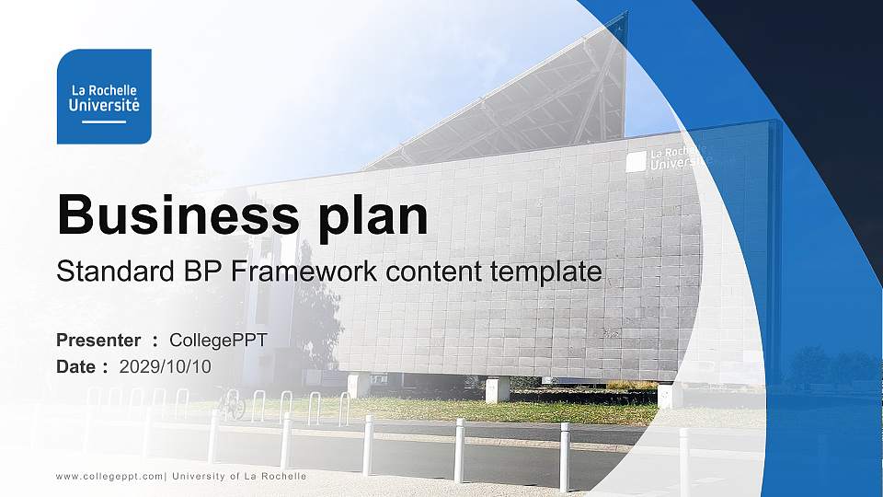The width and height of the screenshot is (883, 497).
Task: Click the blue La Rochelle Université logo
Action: click(x=104, y=97)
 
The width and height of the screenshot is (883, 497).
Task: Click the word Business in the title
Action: click(x=178, y=216)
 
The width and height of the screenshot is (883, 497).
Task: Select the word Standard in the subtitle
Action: click(x=109, y=272)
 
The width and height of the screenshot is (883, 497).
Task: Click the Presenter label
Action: click(x=98, y=341)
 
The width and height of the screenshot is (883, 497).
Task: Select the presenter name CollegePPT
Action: click(x=218, y=341)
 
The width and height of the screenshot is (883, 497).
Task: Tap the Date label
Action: click(x=76, y=366)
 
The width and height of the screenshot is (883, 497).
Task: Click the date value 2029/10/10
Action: click(x=166, y=366)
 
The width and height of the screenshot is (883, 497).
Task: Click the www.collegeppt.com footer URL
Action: click(x=109, y=476)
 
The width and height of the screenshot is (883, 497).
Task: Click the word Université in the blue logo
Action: click(x=104, y=106)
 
